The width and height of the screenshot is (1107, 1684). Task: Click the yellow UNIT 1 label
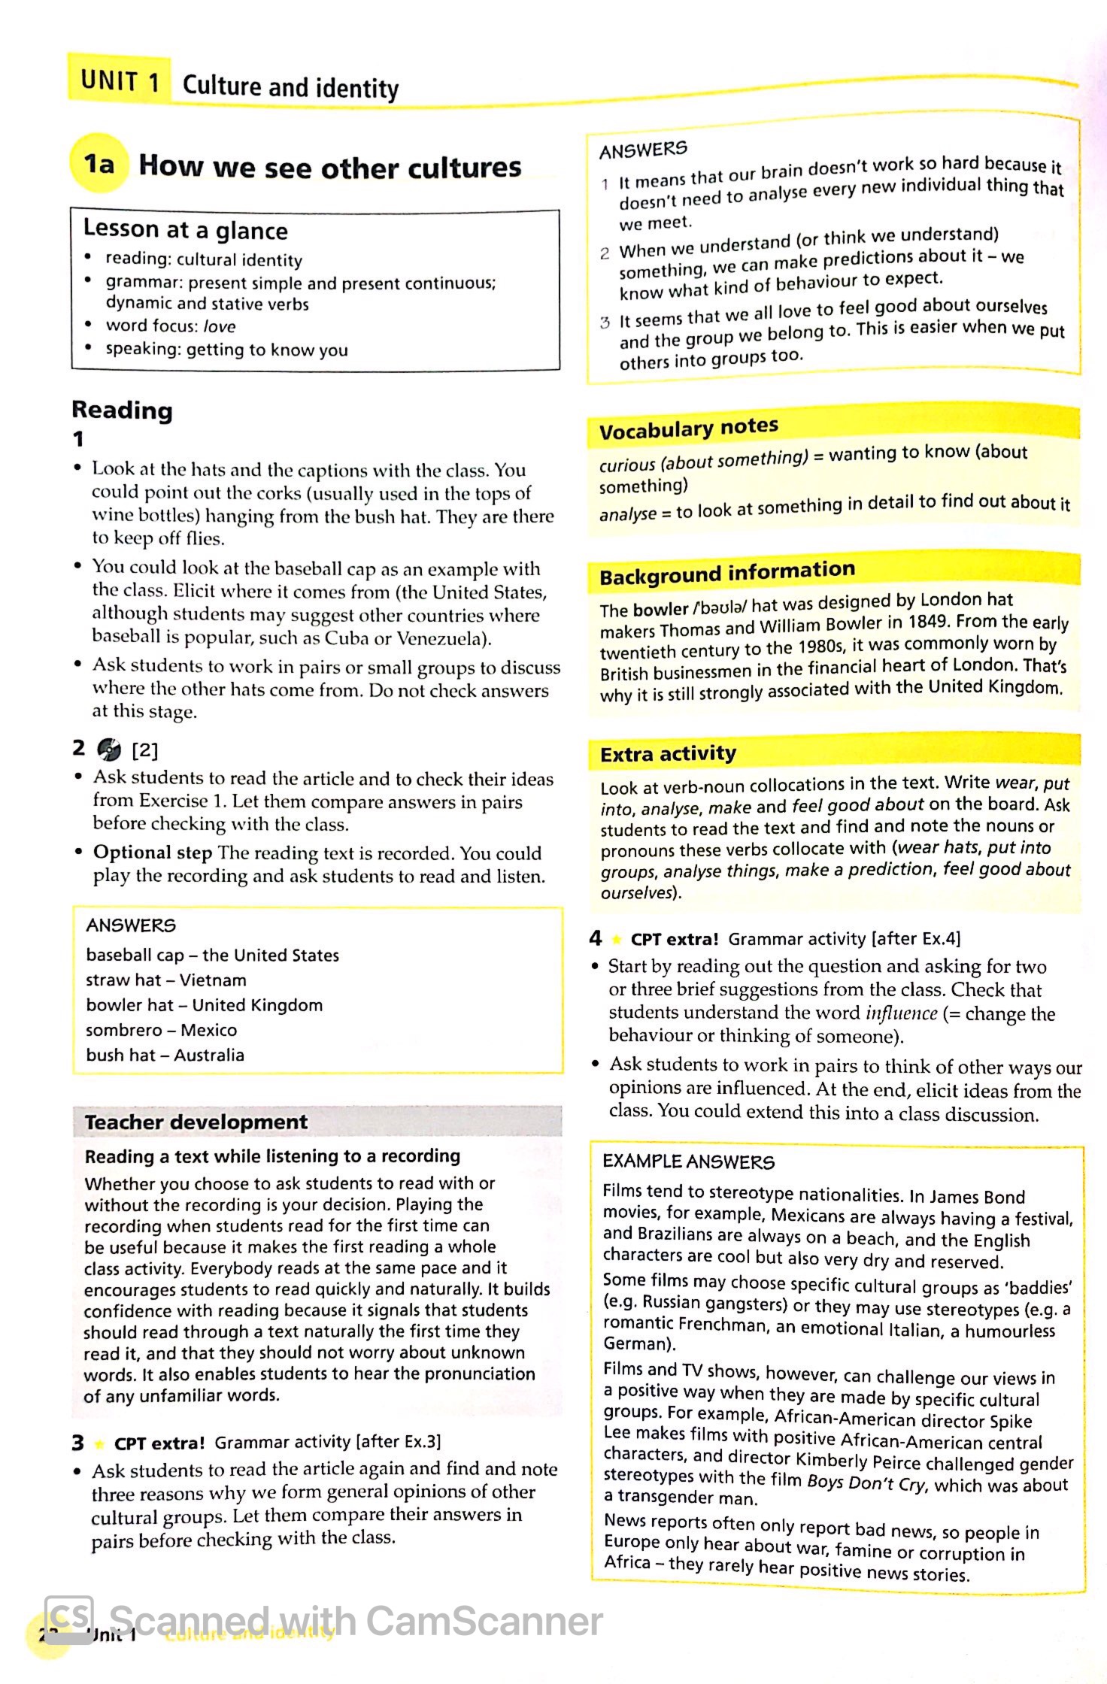(x=120, y=80)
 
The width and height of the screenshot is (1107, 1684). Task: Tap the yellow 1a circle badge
(x=98, y=163)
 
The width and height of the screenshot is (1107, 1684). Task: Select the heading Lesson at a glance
(x=185, y=229)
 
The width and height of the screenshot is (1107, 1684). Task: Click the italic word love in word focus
(x=220, y=326)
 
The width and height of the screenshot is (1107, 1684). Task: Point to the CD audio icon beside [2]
(x=109, y=749)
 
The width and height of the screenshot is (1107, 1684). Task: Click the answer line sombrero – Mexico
(x=161, y=1030)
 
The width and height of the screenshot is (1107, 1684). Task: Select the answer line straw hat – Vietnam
(x=165, y=980)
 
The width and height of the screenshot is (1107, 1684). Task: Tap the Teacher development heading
(x=196, y=1122)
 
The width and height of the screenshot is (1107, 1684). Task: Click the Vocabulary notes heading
(x=688, y=429)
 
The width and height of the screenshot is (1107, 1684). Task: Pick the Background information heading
(x=726, y=574)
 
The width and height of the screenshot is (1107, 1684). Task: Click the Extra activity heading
(x=668, y=754)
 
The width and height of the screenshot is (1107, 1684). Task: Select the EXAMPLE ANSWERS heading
(x=687, y=1162)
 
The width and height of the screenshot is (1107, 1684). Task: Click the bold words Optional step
(x=153, y=853)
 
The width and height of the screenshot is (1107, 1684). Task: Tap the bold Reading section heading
(x=122, y=410)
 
